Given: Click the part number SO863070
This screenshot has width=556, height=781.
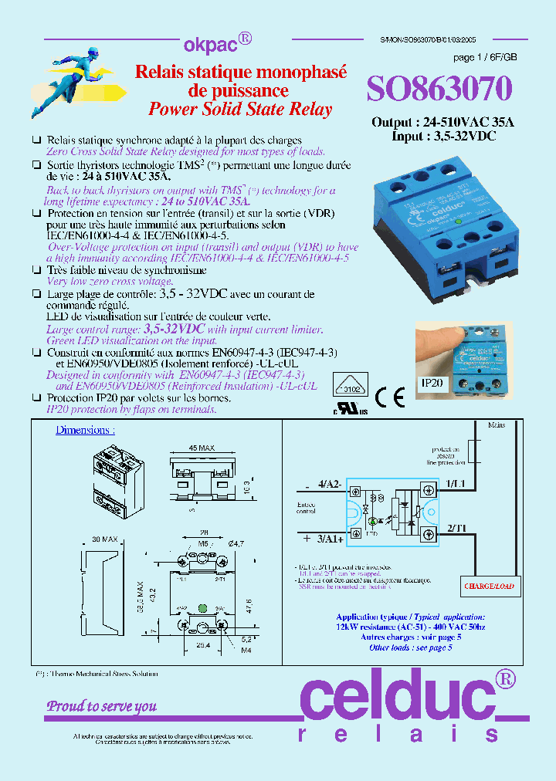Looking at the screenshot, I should point(439,90).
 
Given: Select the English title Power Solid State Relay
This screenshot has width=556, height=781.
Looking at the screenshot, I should point(239,109).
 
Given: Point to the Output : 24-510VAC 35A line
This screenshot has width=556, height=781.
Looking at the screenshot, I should point(442,122).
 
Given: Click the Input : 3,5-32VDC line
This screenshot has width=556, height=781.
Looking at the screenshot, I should point(444,136).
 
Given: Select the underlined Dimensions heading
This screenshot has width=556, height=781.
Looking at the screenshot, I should point(85,430).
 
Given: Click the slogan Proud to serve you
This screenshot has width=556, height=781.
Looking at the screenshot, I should point(102,706).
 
